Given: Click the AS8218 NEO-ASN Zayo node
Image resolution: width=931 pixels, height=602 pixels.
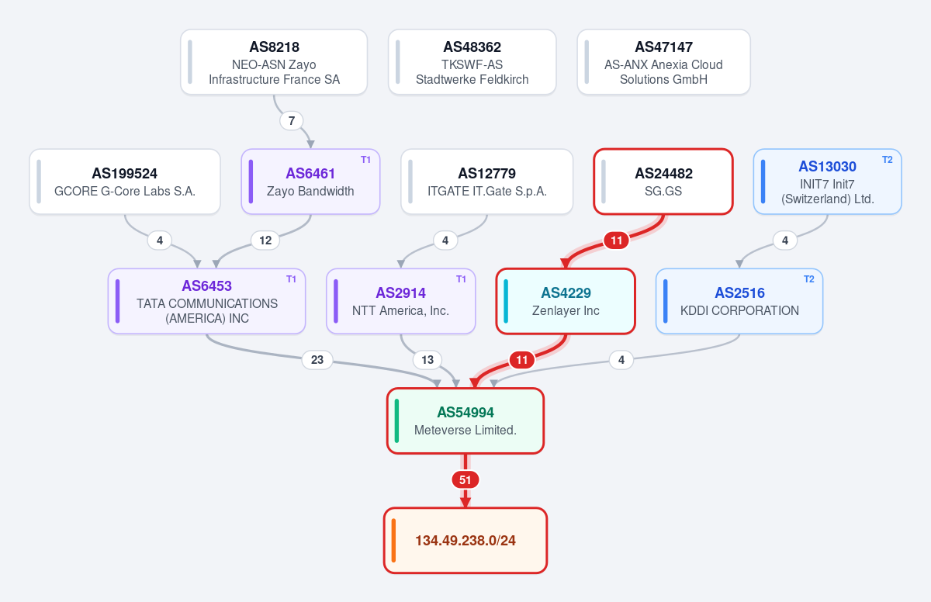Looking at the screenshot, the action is pyautogui.click(x=274, y=62).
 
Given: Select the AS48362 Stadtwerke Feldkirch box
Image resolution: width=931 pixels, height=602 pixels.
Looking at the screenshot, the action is pyautogui.click(x=472, y=62).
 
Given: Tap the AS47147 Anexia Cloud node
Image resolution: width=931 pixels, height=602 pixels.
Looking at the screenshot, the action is pyautogui.click(x=664, y=62).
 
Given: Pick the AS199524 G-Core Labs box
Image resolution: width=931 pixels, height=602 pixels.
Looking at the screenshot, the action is pyautogui.click(x=125, y=182).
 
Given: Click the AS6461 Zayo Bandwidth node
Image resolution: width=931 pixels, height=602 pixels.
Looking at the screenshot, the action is pyautogui.click(x=310, y=182).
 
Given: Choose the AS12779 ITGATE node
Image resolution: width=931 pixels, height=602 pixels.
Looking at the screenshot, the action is pyautogui.click(x=486, y=182).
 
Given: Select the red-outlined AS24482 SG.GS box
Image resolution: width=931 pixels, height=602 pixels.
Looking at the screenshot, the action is pyautogui.click(x=663, y=182).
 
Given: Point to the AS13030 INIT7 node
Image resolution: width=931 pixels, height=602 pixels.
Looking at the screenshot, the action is pyautogui.click(x=828, y=182).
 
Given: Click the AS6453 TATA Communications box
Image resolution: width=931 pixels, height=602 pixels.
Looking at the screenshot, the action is pyautogui.click(x=207, y=301).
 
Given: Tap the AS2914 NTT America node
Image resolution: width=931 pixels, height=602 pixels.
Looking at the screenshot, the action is pyautogui.click(x=400, y=301).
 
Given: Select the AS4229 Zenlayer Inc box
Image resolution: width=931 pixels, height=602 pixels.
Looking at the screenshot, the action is pyautogui.click(x=566, y=301).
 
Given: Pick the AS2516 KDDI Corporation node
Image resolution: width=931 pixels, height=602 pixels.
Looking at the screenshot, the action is pyautogui.click(x=739, y=301).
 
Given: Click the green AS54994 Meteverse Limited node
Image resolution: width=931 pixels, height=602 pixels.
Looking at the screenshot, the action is pyautogui.click(x=465, y=421).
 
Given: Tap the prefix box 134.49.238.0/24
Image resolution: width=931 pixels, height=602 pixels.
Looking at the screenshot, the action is pyautogui.click(x=465, y=541).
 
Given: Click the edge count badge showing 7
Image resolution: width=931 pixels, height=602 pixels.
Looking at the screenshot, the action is pyautogui.click(x=292, y=120).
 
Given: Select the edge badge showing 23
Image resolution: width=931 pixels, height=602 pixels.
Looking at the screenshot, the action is pyautogui.click(x=317, y=360).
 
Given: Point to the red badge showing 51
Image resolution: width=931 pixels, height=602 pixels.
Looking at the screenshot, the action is pyautogui.click(x=465, y=480).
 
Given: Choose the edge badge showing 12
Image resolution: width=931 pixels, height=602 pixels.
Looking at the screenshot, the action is pyautogui.click(x=265, y=240).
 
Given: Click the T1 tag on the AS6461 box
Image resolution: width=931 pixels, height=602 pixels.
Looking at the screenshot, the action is pyautogui.click(x=365, y=160).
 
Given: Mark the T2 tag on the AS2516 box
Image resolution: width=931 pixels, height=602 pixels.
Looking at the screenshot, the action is pyautogui.click(x=808, y=279).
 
